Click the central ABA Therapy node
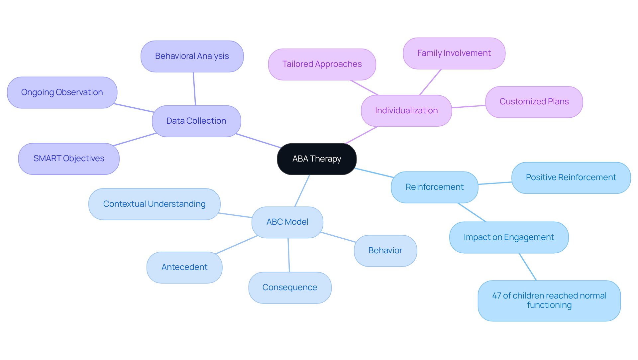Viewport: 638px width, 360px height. pos(317,159)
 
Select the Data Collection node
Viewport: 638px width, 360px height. pos(196,121)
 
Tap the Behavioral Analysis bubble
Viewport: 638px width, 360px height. pos(192,56)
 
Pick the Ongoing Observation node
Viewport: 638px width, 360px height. pos(62,92)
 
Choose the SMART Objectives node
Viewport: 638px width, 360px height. pos(69,159)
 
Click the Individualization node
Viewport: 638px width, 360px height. pos(406,111)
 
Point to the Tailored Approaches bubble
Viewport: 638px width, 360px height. pos(322,64)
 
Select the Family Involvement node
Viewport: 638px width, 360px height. pos(454,53)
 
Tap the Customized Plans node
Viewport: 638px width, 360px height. pos(534,102)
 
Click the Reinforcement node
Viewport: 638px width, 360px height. pos(434,187)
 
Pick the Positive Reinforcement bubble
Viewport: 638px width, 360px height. pos(571,178)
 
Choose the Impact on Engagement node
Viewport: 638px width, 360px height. pos(508,237)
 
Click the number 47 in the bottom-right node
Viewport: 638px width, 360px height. pos(496,296)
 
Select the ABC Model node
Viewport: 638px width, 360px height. pos(287,222)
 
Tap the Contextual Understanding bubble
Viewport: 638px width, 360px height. pos(154,204)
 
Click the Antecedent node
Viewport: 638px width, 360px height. pos(184,267)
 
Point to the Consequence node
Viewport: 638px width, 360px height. pos(289,288)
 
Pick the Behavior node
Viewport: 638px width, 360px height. pos(385,251)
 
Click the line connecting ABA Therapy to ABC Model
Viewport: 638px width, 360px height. pos(302,191)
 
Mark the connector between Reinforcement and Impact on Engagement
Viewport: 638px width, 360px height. pos(472,212)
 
